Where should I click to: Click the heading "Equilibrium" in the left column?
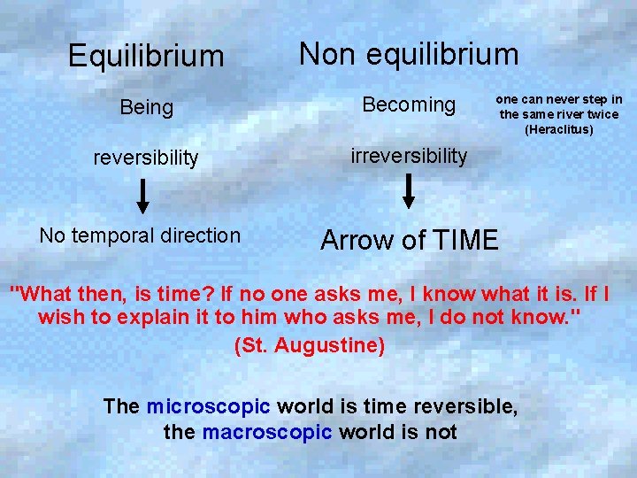146,57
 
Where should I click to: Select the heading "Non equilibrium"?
409,54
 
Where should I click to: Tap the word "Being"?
146,108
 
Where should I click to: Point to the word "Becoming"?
409,105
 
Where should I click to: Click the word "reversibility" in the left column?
146,158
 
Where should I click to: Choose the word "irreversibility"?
409,156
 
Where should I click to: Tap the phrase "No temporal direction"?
140,235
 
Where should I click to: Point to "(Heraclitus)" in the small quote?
559,129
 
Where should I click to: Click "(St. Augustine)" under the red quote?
310,345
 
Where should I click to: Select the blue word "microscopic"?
209,406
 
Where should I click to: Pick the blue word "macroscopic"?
267,432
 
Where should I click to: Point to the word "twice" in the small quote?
602,114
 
